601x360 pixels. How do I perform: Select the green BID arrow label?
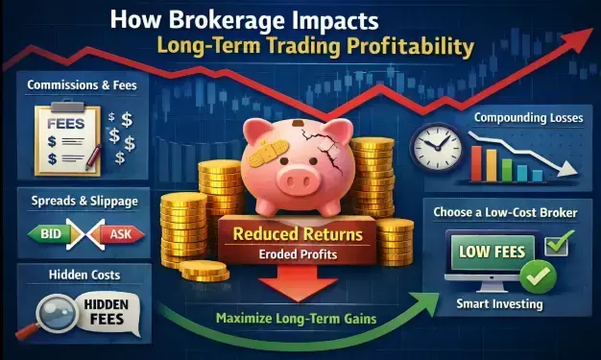point(47,232)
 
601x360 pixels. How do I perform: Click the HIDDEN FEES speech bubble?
point(96,314)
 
